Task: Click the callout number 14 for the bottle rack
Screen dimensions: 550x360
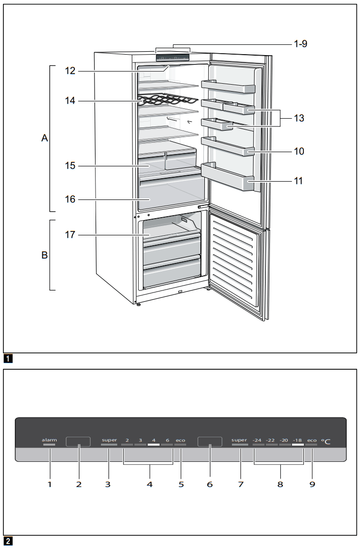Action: coord(71,101)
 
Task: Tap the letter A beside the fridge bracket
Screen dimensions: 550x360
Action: coord(44,139)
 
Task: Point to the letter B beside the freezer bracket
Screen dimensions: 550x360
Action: coord(44,256)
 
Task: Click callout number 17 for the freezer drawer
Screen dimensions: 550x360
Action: coord(71,235)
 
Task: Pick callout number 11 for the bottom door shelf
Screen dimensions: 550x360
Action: coord(298,181)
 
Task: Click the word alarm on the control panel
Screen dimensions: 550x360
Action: coord(49,439)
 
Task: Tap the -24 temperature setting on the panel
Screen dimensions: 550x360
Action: coord(258,440)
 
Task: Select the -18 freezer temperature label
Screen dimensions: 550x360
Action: coord(297,440)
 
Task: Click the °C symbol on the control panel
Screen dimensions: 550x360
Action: coord(326,442)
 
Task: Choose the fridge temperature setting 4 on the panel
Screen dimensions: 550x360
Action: coord(154,440)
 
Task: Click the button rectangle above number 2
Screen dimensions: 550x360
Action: coord(78,442)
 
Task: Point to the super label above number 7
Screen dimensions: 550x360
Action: coord(239,440)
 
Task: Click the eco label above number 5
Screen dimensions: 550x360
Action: coord(181,440)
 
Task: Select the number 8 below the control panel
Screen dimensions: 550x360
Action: coord(280,484)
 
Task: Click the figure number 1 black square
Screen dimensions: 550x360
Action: coord(7,358)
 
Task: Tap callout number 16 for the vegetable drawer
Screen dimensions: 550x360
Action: coord(71,200)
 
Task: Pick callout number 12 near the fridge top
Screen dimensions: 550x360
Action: coord(71,71)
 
